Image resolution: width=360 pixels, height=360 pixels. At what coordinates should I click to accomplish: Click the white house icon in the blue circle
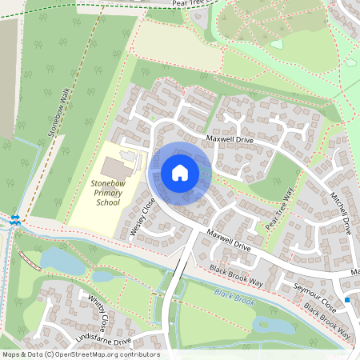click(180, 172)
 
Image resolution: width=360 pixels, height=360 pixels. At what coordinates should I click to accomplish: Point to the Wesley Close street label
click(142, 218)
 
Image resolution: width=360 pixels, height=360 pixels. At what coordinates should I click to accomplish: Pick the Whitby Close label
click(98, 313)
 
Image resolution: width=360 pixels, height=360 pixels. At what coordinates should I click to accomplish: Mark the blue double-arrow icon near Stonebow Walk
click(15, 218)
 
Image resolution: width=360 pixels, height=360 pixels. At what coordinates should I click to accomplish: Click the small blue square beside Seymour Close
click(347, 299)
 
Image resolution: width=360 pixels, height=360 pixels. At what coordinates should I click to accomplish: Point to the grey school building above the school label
click(117, 169)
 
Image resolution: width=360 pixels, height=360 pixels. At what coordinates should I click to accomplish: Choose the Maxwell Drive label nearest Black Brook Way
click(229, 242)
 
